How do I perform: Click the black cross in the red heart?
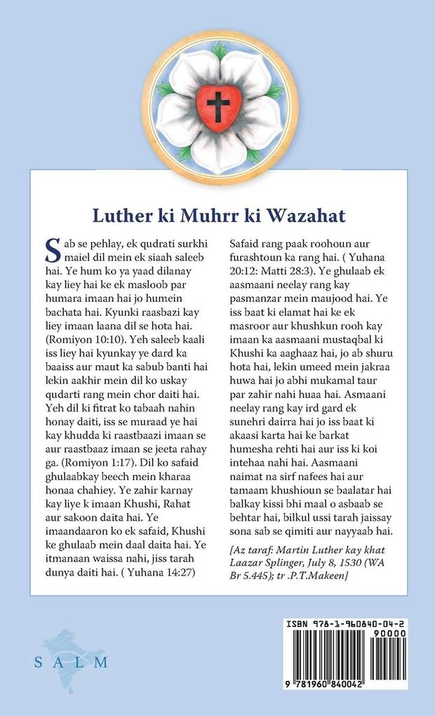[x=217, y=106]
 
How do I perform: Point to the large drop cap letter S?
[x=52, y=248]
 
